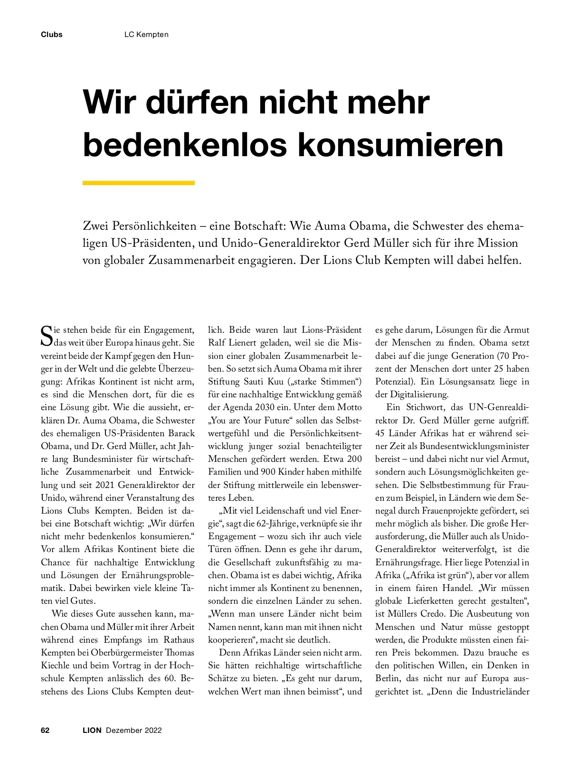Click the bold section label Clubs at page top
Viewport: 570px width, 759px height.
pyautogui.click(x=52, y=35)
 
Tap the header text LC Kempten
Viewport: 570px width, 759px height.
pyautogui.click(x=146, y=35)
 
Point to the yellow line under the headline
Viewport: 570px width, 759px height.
pyautogui.click(x=139, y=183)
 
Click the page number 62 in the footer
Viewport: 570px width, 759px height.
pyautogui.click(x=46, y=730)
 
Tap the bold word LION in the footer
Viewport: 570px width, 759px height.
pyautogui.click(x=92, y=730)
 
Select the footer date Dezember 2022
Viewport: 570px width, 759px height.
pyautogui.click(x=134, y=730)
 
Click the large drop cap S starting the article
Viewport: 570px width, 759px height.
pyautogui.click(x=47, y=335)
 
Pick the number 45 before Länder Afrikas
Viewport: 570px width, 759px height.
pyautogui.click(x=380, y=433)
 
